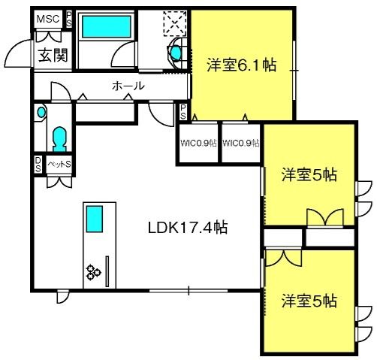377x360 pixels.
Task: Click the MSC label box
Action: [48, 19]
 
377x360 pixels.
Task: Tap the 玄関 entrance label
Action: [53, 55]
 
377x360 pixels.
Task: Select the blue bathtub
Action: [107, 27]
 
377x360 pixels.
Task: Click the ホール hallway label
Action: [128, 86]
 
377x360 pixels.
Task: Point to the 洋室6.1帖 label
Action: [242, 65]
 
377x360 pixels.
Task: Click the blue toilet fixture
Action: [59, 139]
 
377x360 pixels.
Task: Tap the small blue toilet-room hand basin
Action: [41, 112]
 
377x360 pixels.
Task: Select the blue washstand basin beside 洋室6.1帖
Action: [176, 53]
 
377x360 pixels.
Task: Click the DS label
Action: [38, 165]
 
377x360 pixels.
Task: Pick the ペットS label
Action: [59, 165]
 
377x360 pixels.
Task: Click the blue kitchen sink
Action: [95, 219]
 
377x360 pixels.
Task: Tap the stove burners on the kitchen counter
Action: [93, 272]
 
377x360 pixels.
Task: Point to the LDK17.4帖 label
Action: [188, 228]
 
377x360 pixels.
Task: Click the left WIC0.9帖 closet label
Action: [198, 143]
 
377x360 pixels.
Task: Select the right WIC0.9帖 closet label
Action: [241, 143]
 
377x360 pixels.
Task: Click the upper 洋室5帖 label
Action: [309, 175]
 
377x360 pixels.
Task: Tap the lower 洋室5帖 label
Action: [309, 301]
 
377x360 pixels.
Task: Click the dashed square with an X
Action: [175, 23]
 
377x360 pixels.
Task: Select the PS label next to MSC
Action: [69, 20]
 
